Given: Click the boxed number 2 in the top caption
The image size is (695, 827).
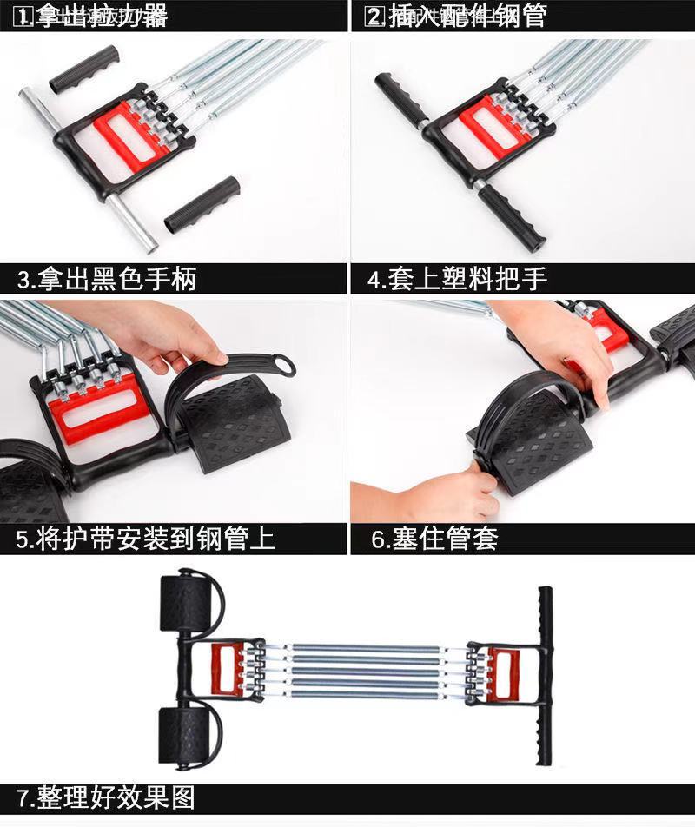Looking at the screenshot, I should [374, 16].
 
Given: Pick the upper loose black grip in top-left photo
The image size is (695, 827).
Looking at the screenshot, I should [83, 69].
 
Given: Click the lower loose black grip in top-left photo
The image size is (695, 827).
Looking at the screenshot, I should [202, 205].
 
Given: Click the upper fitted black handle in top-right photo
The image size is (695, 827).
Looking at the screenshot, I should [399, 98].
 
